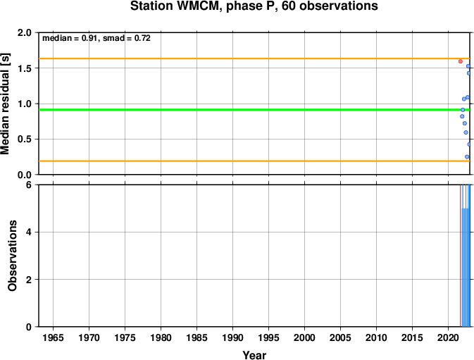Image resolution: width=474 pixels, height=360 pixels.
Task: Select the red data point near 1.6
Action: coord(460,61)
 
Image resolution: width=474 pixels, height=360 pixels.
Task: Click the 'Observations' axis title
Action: coord(12,256)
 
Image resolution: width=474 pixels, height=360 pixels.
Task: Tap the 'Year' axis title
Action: coord(254,355)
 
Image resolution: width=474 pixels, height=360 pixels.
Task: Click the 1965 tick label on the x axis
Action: coord(53,338)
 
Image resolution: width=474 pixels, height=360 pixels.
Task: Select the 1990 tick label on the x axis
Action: coord(232,338)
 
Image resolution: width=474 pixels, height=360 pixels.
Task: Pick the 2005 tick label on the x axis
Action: coord(340,338)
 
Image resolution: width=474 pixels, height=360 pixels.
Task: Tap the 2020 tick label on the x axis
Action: coord(449,338)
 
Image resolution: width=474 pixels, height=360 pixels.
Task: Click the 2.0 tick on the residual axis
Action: coord(24,32)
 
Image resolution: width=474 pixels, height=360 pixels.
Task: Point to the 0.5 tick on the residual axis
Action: coord(24,139)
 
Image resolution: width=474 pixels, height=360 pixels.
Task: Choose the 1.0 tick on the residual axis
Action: coord(24,104)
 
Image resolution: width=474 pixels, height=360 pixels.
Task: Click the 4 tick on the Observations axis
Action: coord(28,232)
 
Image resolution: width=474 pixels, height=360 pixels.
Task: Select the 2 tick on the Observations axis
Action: coord(28,280)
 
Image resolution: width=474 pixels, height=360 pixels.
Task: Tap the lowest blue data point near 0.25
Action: coord(466,157)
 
